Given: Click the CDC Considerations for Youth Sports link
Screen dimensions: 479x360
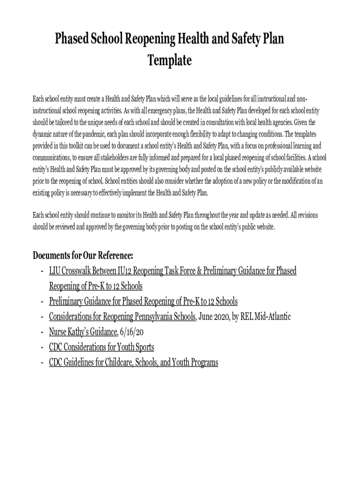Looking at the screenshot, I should [101, 347].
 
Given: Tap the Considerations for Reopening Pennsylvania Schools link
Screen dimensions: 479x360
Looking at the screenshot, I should [122, 317].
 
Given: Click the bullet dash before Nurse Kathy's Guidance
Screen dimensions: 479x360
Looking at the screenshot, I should [42, 332].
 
